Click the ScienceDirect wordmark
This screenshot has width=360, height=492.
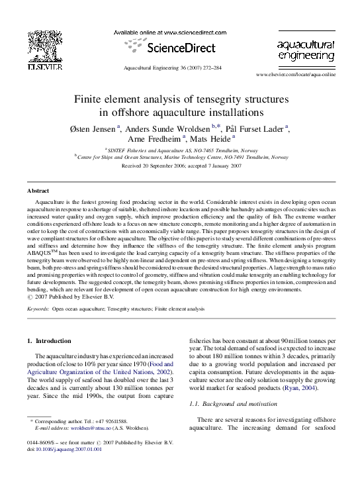[x=180, y=48]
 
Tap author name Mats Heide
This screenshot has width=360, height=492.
[x=210, y=139]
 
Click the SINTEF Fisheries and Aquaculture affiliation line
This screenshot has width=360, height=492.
[x=180, y=151]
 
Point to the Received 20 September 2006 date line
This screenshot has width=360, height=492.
[x=180, y=166]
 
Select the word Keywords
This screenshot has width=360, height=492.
[x=38, y=309]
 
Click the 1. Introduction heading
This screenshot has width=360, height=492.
[x=48, y=341]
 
